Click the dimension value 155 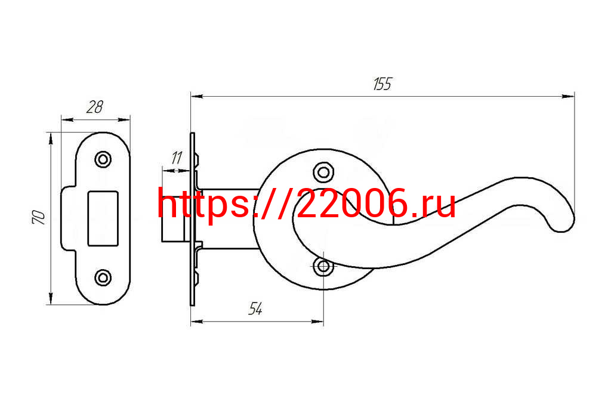point(382,84)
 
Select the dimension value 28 point(95,107)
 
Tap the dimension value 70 point(39,218)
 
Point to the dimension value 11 point(177,158)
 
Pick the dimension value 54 point(255,309)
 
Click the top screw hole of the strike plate point(103,159)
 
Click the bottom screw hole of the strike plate point(103,277)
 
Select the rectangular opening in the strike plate point(103,218)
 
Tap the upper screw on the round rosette point(323,171)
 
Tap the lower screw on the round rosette point(323,266)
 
